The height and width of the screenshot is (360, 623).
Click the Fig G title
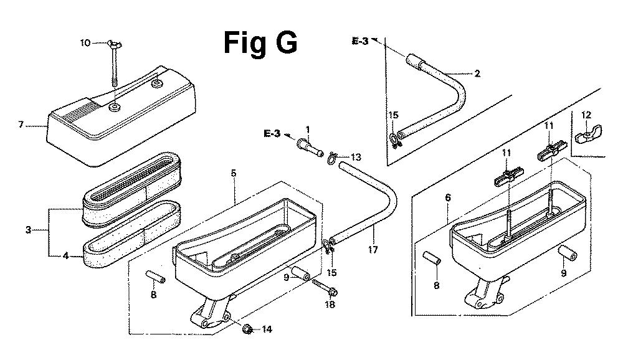[x=260, y=44]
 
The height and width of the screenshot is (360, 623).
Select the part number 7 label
[x=21, y=125]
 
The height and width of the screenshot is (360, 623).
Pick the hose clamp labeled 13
[x=332, y=158]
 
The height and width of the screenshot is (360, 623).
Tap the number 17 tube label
[x=373, y=250]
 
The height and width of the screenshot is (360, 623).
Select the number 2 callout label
[x=477, y=73]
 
